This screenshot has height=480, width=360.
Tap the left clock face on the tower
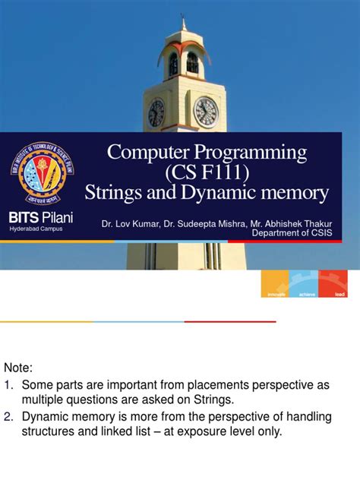tap(156, 113)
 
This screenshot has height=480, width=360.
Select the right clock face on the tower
tap(205, 112)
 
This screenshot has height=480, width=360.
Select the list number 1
tap(9, 386)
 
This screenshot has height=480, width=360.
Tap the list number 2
tap(9, 416)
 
